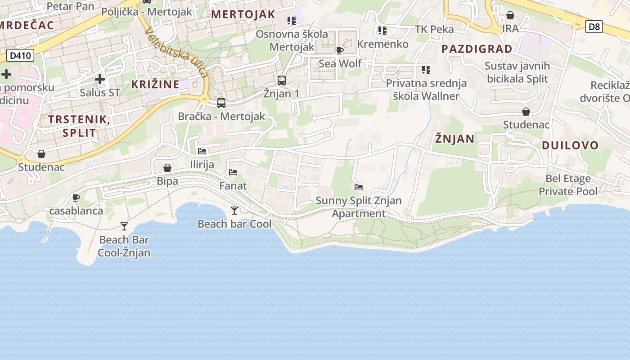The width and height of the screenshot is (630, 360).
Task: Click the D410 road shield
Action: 20,56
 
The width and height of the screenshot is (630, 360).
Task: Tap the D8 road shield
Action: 594,27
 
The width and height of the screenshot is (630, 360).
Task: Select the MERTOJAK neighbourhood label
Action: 243,14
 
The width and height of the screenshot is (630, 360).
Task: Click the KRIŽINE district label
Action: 155,84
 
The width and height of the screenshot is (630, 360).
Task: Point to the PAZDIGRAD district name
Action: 477,49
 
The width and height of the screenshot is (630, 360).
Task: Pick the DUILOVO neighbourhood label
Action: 570,145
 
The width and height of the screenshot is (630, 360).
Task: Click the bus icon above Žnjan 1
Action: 282,81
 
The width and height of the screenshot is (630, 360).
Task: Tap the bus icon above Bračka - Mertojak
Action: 221,103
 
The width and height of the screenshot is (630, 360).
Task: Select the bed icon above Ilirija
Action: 202,151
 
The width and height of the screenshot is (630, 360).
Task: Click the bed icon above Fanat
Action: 233,172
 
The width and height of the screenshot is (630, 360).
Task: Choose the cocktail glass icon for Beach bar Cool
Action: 234,210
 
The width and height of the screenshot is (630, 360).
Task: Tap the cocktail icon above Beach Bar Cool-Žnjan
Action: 124,226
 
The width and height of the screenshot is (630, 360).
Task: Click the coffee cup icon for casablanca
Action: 76,198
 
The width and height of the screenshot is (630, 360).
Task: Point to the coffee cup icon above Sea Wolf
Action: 340,50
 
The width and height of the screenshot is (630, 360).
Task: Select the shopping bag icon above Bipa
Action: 167,168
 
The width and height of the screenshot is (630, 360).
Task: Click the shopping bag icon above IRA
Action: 510,16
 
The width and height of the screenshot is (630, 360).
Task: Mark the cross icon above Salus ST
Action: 100,80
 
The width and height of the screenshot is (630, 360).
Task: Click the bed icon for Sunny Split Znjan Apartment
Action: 359,187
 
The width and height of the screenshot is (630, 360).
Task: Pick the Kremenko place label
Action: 382,44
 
